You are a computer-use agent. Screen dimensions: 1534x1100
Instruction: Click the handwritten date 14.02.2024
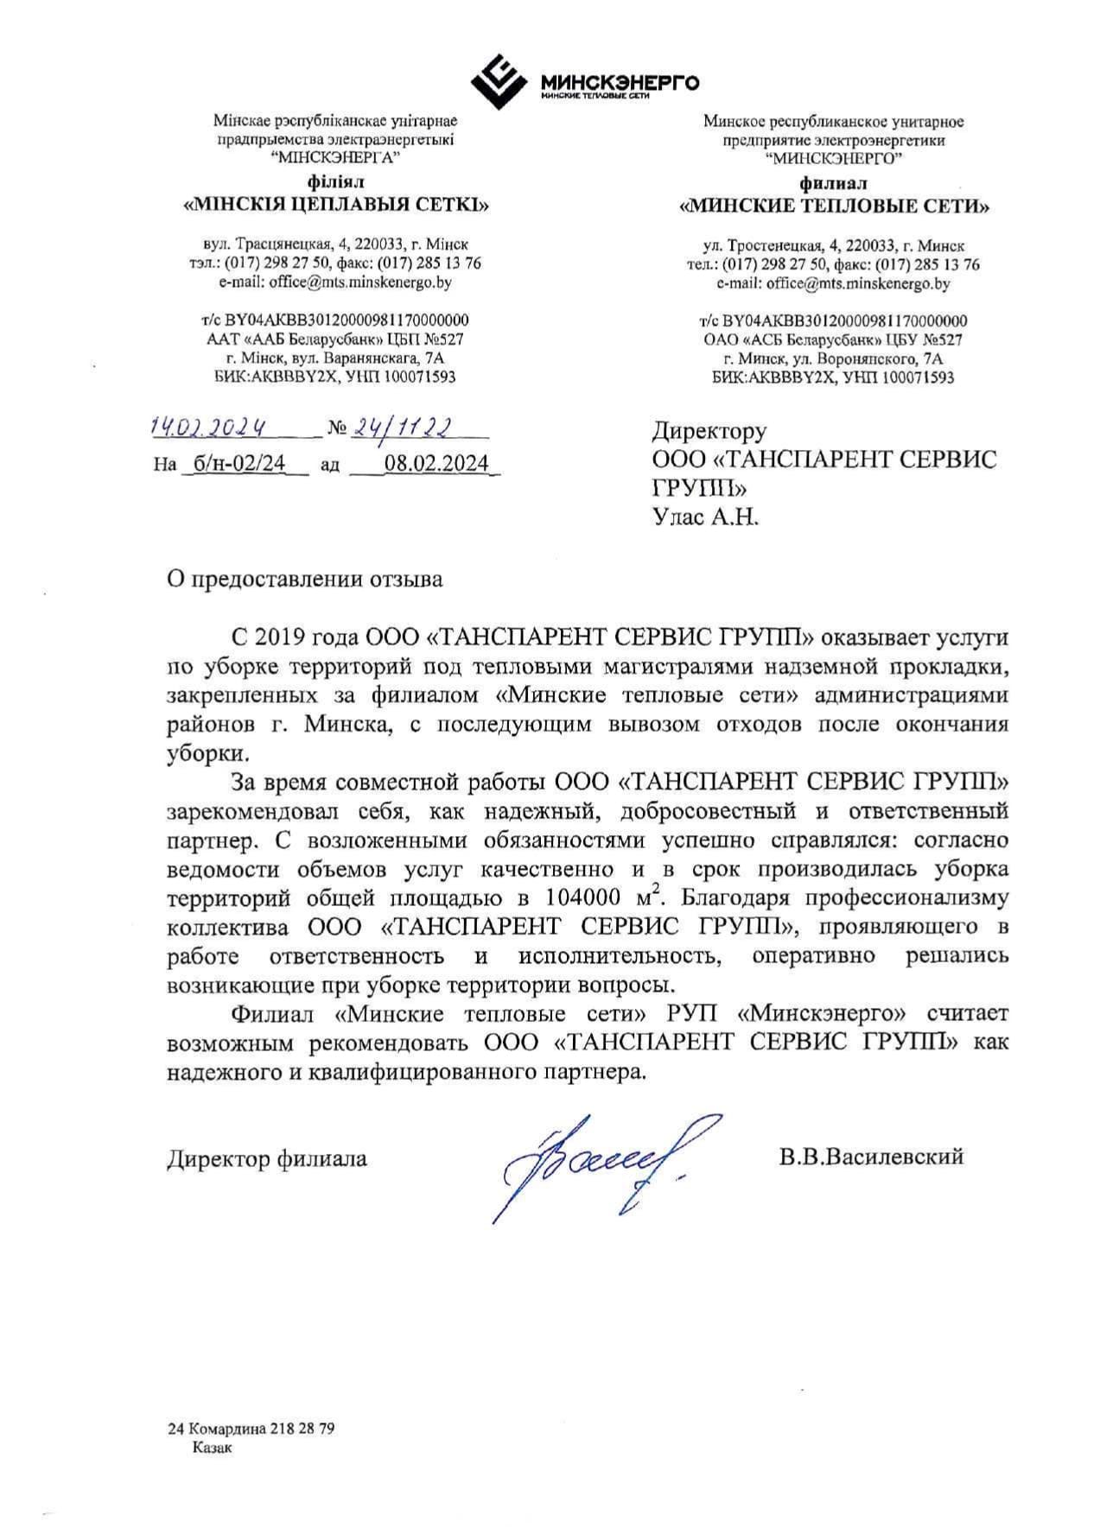[207, 427]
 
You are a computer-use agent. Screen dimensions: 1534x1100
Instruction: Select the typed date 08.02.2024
[436, 463]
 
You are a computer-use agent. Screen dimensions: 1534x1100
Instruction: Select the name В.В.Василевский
[870, 1157]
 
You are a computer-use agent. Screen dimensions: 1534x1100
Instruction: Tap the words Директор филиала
[267, 1158]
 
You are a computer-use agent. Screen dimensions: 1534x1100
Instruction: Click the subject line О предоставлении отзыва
[305, 579]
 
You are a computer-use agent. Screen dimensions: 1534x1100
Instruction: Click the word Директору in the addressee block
[709, 430]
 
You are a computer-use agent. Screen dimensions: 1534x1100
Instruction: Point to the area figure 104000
[588, 898]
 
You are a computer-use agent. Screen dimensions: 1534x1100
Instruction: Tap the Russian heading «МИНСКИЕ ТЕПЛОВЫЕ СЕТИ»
[834, 206]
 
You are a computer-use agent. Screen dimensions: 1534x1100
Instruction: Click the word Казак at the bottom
[213, 1448]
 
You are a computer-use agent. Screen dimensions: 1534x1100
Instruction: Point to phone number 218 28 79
[302, 1429]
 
